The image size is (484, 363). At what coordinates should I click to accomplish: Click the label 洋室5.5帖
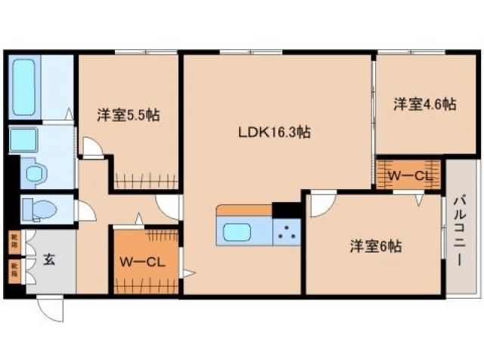[126, 116]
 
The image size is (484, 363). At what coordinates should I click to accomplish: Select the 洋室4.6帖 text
[423, 104]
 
